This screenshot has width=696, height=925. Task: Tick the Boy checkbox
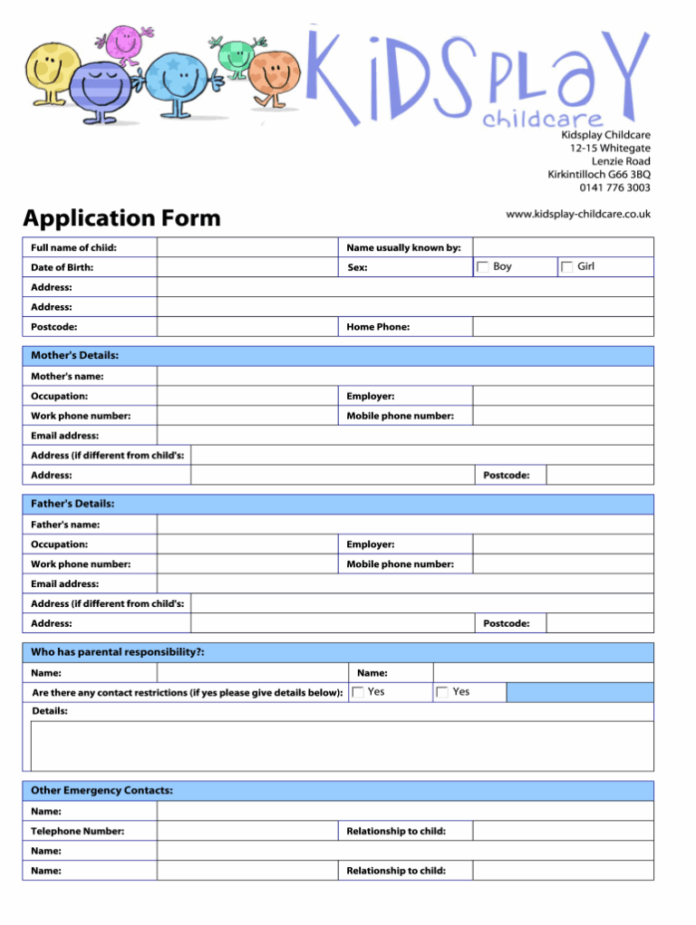483,266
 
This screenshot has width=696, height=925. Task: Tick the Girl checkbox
566,266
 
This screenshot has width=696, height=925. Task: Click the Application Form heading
121,218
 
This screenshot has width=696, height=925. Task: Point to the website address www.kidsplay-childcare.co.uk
577,214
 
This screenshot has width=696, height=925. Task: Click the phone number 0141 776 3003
614,188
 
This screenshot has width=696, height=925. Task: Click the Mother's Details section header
74,355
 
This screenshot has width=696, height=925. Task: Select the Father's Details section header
72,504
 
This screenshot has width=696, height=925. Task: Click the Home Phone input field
562,326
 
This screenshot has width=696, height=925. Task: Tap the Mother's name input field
404,376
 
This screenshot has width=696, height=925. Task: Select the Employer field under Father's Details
562,544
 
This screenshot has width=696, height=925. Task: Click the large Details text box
342,746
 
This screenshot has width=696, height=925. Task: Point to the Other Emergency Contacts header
101,791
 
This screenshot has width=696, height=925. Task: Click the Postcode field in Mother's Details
599,475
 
